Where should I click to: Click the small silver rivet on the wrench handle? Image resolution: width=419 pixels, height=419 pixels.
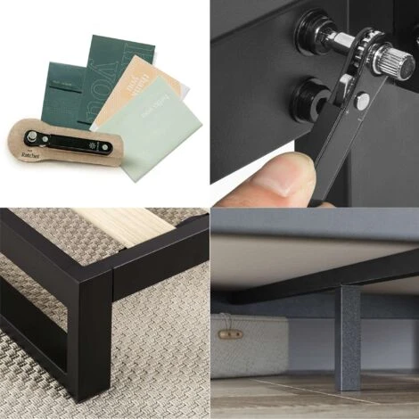(x=362, y=101)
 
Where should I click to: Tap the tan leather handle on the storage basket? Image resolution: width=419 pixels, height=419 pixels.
(x=232, y=333)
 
